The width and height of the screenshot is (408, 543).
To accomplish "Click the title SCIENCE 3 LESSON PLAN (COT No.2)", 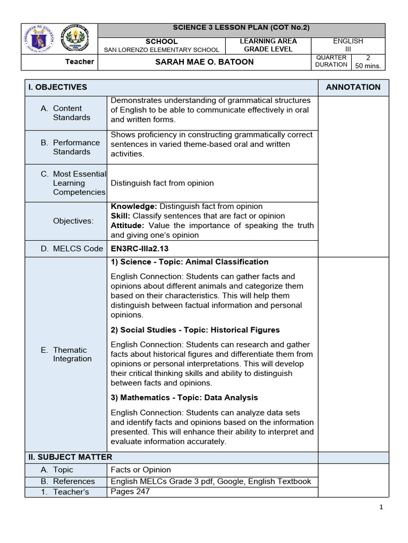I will click(x=241, y=28).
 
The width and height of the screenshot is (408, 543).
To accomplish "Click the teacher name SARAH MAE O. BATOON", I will click(x=204, y=62).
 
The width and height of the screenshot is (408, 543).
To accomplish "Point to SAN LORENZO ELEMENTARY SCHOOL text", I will click(x=161, y=50).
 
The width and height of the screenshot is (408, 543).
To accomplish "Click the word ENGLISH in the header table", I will click(x=347, y=41).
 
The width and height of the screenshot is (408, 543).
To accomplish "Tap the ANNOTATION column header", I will click(x=353, y=87).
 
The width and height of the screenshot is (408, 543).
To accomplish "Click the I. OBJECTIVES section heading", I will click(x=58, y=87).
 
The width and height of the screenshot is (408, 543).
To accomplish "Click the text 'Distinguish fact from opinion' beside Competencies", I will click(x=162, y=183).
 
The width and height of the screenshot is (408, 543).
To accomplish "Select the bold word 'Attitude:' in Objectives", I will click(x=127, y=225).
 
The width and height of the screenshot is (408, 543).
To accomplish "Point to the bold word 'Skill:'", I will click(x=121, y=216).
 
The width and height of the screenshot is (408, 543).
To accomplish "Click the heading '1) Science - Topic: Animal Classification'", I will click(x=189, y=262).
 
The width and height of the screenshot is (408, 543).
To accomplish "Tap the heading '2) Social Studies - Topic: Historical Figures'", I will click(x=195, y=330).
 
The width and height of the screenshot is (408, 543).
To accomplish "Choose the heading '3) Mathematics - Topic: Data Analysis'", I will click(x=184, y=398).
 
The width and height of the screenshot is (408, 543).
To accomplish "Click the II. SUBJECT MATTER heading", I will click(x=70, y=457).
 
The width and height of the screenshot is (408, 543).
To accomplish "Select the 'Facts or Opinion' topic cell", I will click(x=141, y=470).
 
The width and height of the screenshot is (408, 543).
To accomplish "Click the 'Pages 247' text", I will click(x=130, y=492).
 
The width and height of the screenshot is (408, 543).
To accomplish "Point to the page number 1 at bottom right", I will click(x=381, y=507).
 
